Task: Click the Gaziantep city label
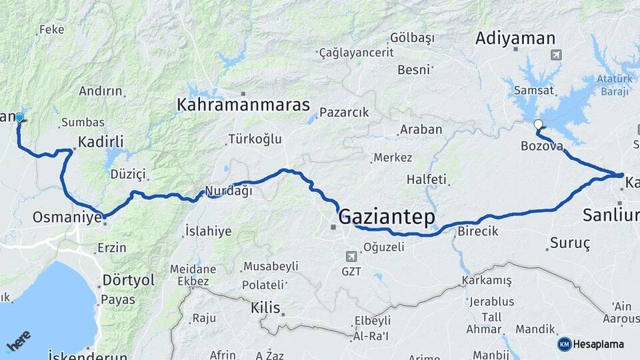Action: click(387, 217)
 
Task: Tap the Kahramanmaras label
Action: click(243, 105)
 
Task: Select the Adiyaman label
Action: click(515, 39)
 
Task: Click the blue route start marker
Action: click(19, 118)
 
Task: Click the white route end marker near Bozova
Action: click(538, 124)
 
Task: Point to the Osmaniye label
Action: click(67, 217)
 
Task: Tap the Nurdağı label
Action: click(229, 191)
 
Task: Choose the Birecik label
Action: click(478, 231)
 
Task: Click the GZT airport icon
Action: click(351, 256)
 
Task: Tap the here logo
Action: click(19, 341)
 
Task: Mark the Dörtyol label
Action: click(128, 280)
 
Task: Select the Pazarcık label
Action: click(344, 113)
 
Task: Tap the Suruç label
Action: click(571, 243)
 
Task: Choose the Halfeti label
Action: click(428, 180)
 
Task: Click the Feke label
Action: click(52, 29)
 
